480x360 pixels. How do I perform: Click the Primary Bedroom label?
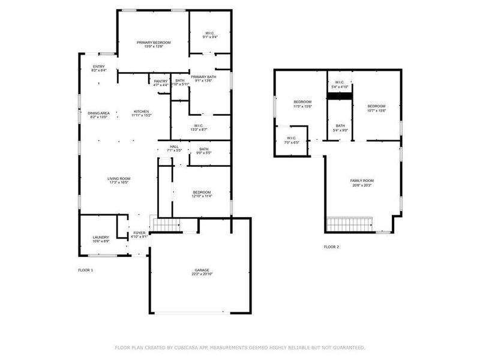154,42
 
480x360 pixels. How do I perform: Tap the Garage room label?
202,270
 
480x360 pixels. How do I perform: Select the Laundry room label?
101,237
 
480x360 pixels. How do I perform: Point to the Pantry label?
161,81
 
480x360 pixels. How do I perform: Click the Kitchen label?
141,112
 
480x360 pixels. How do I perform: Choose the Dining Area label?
98,113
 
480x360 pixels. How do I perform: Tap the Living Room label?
119,178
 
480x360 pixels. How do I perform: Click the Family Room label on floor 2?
362,181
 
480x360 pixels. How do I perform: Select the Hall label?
174,146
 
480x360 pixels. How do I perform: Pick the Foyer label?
139,232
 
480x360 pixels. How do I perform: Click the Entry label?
98,67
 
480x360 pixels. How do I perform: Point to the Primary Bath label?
203,77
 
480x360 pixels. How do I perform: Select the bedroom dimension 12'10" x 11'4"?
202,196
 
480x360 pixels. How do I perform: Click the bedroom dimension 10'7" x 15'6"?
376,110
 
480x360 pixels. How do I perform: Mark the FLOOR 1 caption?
86,270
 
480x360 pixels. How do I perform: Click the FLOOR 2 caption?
332,247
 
